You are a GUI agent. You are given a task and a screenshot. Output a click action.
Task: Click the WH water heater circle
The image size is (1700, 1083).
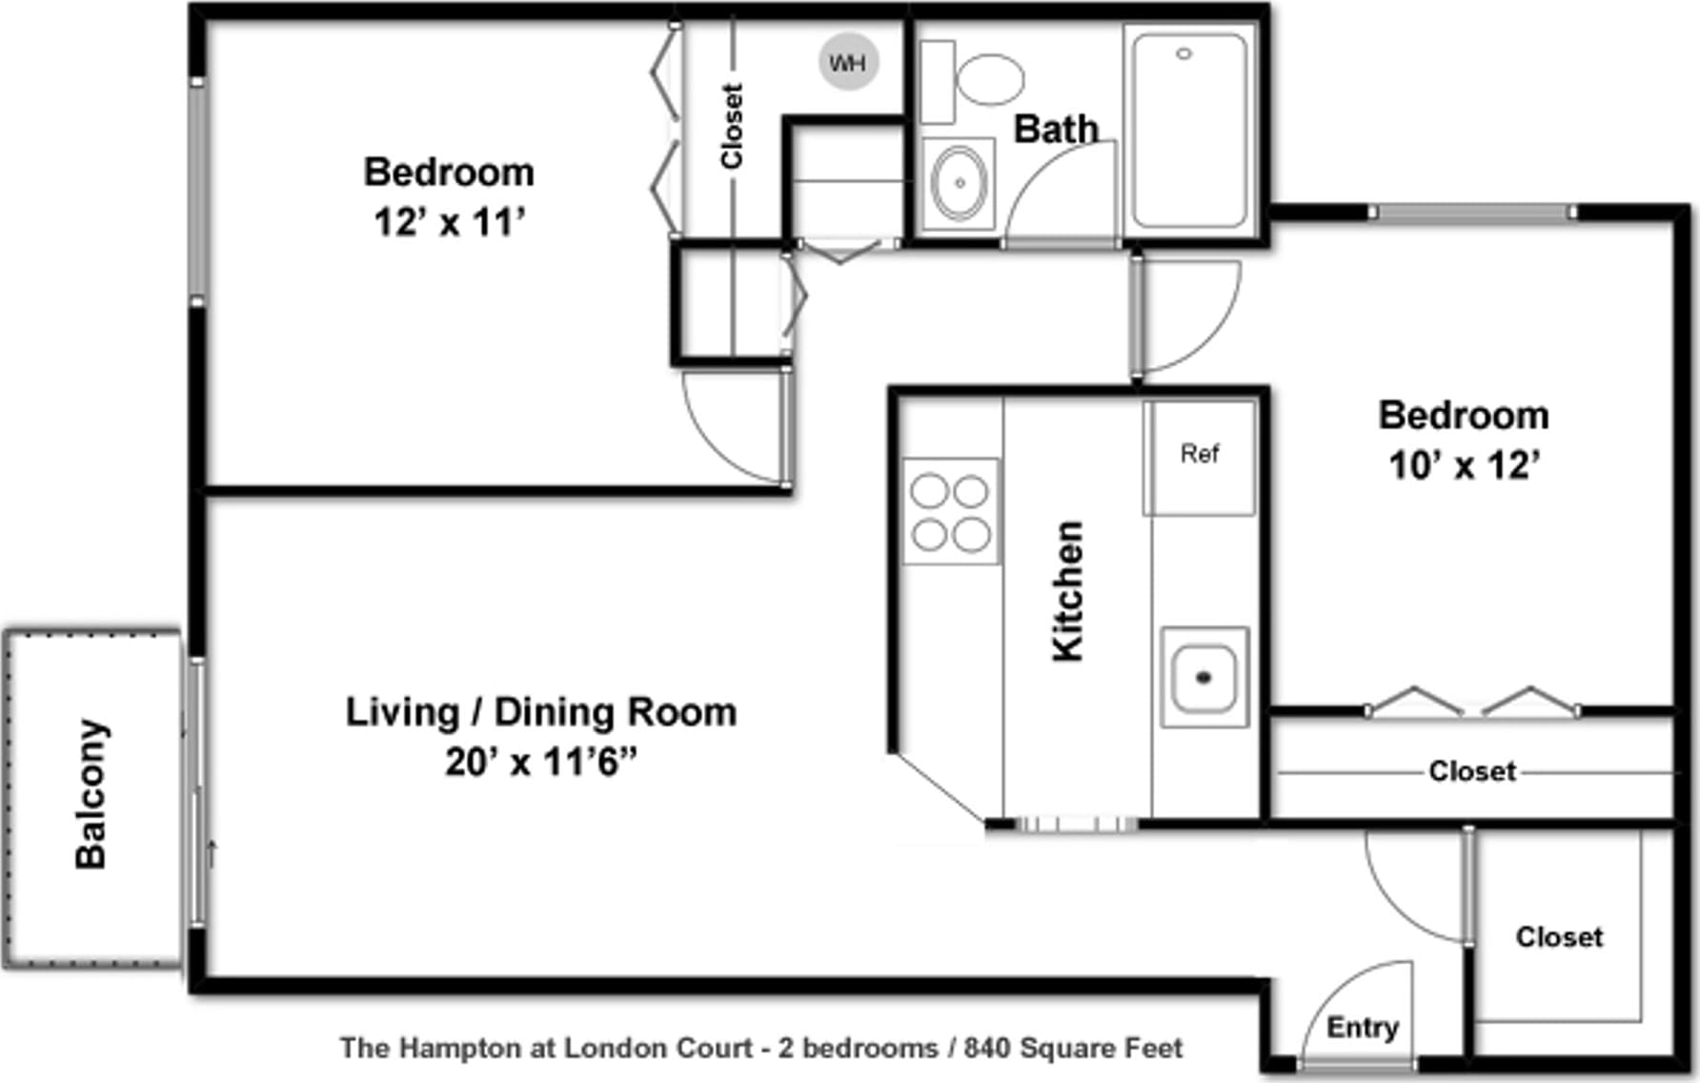coord(848,62)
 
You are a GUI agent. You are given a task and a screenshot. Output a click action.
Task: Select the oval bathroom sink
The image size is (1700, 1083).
coord(959,182)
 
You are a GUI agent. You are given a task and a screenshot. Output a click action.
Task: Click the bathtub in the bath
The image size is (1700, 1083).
coord(1189,131)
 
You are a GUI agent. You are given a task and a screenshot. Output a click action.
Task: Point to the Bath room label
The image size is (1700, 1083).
coord(1056,129)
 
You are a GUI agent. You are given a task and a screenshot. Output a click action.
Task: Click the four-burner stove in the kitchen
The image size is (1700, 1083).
coord(951,511)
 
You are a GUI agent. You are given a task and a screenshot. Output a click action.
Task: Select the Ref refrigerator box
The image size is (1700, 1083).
coord(1200,458)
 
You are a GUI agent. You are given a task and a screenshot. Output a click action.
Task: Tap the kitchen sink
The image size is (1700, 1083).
coord(1204,677)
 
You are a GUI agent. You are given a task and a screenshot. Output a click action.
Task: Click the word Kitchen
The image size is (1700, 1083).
coord(1067,591)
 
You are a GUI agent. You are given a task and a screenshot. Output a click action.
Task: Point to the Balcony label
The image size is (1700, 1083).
coord(91,794)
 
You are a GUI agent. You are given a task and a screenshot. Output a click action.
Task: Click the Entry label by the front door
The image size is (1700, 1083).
coord(1363,1028)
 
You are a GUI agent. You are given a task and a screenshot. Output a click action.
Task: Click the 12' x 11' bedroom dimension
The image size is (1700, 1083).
coord(450,222)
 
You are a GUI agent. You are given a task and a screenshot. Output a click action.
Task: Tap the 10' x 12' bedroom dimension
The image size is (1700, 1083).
coord(1465,465)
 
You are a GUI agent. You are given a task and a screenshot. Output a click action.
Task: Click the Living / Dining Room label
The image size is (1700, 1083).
coord(541,712)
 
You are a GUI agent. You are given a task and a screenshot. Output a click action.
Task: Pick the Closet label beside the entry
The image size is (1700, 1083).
coord(1560,937)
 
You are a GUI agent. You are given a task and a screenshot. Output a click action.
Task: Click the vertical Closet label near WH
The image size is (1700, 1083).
coord(732,127)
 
